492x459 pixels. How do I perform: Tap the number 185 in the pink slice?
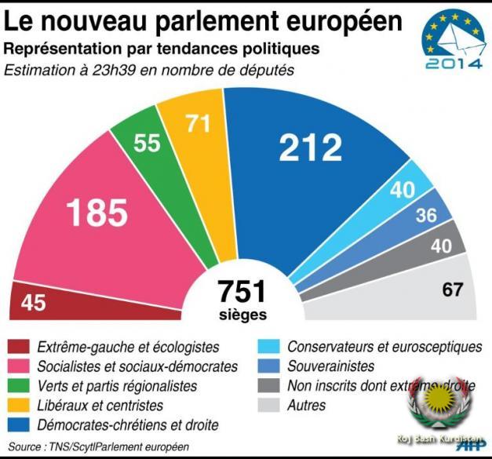point(97,211)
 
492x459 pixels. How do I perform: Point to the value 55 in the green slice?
point(147,143)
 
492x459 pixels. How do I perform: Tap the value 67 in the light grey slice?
point(453,289)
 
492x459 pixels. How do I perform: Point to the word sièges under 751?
point(242,315)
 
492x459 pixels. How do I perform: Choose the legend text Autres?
point(307,406)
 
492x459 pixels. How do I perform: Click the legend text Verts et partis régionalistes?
point(117,386)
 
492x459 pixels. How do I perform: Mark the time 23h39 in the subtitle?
point(101,69)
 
